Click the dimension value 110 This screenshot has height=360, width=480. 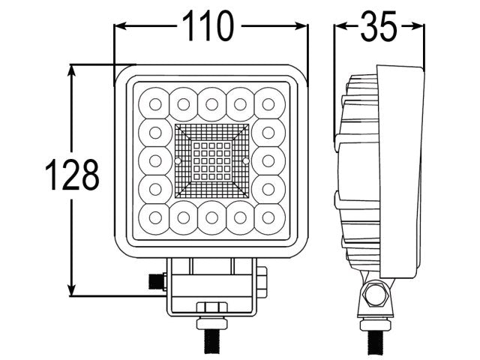[x=211, y=27]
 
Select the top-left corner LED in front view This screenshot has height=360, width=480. [x=155, y=103]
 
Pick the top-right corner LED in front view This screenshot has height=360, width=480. [x=268, y=103]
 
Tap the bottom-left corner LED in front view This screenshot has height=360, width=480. [x=155, y=217]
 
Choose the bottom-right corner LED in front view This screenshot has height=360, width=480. [x=268, y=217]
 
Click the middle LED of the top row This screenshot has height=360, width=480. [x=211, y=103]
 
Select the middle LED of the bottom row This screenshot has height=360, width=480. [x=211, y=217]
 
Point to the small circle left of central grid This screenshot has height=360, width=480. [x=178, y=161]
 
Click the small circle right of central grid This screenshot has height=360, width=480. [x=245, y=161]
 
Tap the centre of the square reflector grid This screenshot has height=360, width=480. [x=211, y=160]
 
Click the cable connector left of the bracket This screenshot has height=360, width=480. [x=157, y=281]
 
